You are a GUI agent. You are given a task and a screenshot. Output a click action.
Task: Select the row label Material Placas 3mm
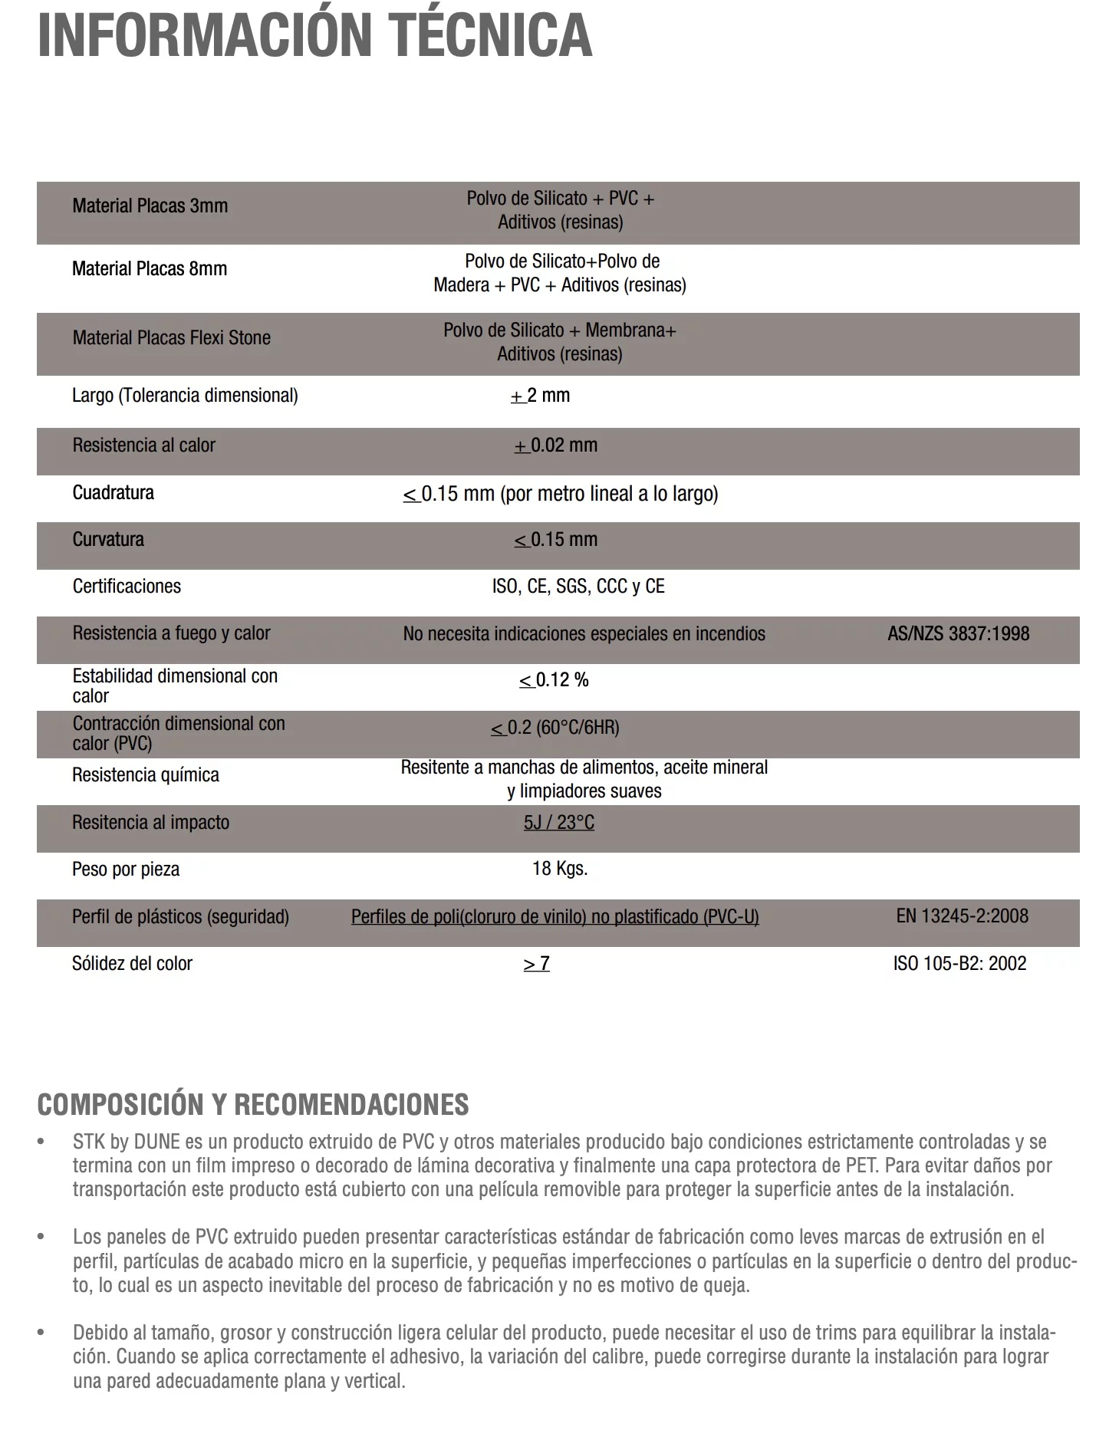pyautogui.click(x=150, y=205)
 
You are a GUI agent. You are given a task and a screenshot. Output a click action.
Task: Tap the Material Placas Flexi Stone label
pyautogui.click(x=172, y=337)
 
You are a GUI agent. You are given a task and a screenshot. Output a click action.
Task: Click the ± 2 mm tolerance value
pyautogui.click(x=541, y=396)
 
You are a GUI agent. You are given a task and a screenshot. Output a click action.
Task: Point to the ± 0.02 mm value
pyautogui.click(x=556, y=445)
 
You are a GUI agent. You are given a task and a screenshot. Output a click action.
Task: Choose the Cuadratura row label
pyautogui.click(x=114, y=492)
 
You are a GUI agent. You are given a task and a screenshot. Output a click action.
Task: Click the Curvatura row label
pyautogui.click(x=108, y=539)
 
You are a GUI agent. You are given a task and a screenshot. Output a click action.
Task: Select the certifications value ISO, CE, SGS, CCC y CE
pyautogui.click(x=578, y=587)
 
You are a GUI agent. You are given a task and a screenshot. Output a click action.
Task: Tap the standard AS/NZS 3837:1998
pyautogui.click(x=958, y=633)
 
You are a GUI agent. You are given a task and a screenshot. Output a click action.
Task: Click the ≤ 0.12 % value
pyautogui.click(x=554, y=680)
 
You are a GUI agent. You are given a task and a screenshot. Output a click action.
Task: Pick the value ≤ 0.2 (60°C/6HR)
pyautogui.click(x=555, y=728)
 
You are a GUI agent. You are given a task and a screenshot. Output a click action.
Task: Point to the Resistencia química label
pyautogui.click(x=146, y=775)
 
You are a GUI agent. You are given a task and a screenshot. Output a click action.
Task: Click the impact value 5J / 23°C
pyautogui.click(x=559, y=823)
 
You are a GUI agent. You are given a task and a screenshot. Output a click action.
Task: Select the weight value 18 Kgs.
pyautogui.click(x=560, y=869)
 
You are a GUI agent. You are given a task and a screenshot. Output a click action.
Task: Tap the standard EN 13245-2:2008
pyautogui.click(x=962, y=916)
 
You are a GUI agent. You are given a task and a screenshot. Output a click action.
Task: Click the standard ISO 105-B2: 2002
pyautogui.click(x=959, y=963)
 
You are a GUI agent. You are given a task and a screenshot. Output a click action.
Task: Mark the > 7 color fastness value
pyautogui.click(x=537, y=964)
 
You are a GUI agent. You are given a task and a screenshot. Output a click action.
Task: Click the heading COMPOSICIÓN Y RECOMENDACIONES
pyautogui.click(x=253, y=1105)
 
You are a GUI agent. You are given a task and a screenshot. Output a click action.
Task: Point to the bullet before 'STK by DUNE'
pyautogui.click(x=41, y=1142)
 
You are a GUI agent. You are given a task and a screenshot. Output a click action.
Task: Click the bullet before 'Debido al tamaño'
pyautogui.click(x=41, y=1333)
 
